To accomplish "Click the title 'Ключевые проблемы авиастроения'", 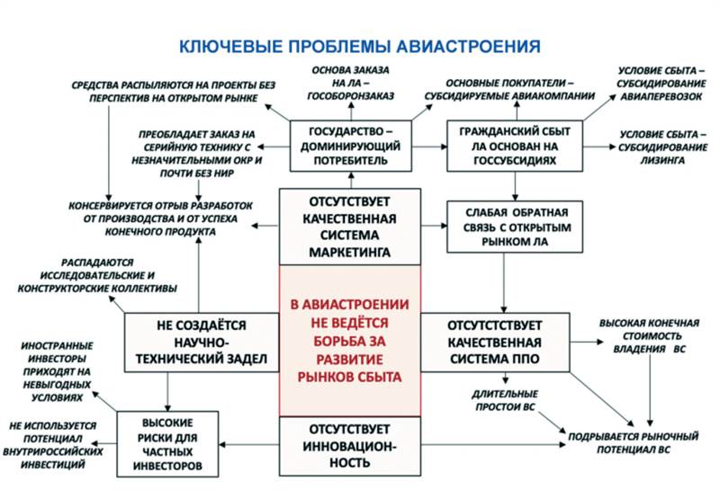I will (x=360, y=46).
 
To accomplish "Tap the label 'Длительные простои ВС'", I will (x=505, y=401).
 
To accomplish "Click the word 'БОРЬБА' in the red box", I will (x=350, y=342).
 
